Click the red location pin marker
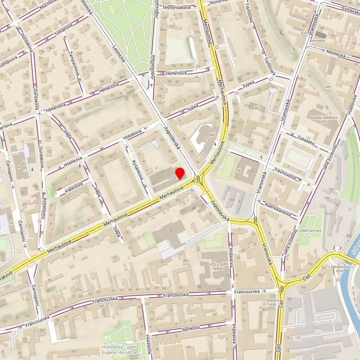pyautogui.click(x=180, y=174)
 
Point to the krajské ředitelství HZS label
pyautogui.click(x=324, y=119)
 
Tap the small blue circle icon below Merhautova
pyautogui.click(x=193, y=208)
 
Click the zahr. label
pyautogui.click(x=328, y=87)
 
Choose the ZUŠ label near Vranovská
pyautogui.click(x=303, y=32)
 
